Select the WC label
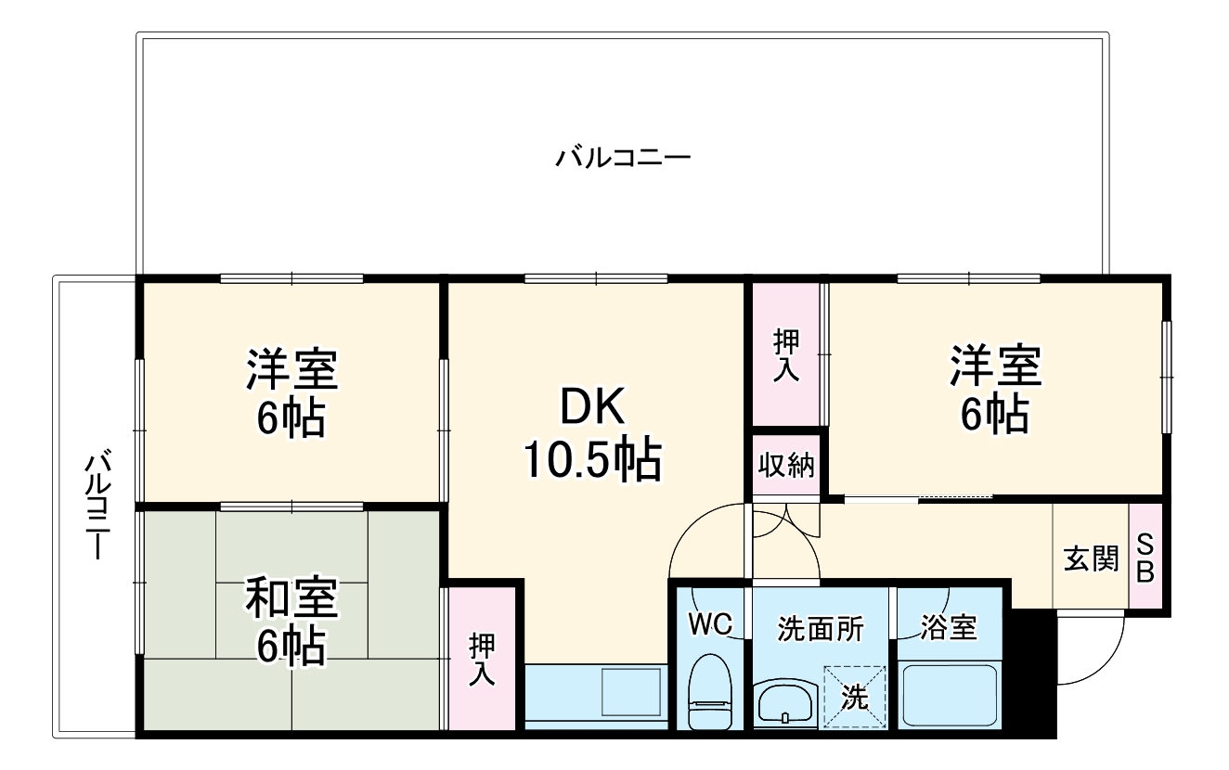[x=711, y=622]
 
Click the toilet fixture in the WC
[x=710, y=691]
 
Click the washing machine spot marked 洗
[x=854, y=697]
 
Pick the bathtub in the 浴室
[x=948, y=695]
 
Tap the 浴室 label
[x=948, y=628]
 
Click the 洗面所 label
[x=820, y=628]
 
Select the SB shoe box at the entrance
[x=1145, y=558]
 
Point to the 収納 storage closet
[x=786, y=465]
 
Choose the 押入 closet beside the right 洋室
[x=786, y=353]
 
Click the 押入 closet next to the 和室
[x=481, y=659]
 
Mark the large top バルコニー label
[x=623, y=157]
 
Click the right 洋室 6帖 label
[x=994, y=389]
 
